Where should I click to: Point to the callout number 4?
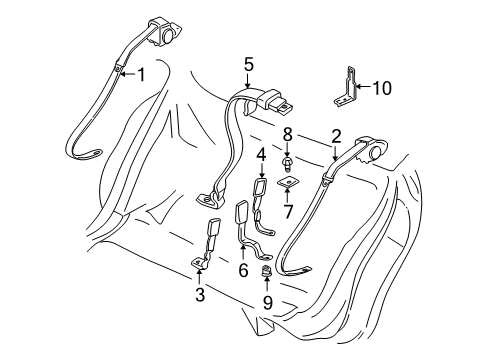tap(261, 154)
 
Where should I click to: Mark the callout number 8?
tap(287, 132)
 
